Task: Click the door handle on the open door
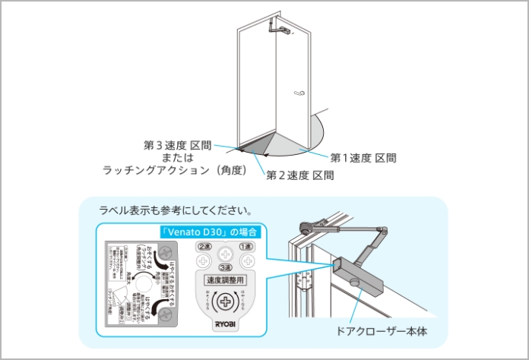pos(299,95)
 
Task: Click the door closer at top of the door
pos(278,29)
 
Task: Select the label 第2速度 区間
pos(300,175)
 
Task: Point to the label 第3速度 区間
pos(177,144)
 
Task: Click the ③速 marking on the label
pos(224,267)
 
